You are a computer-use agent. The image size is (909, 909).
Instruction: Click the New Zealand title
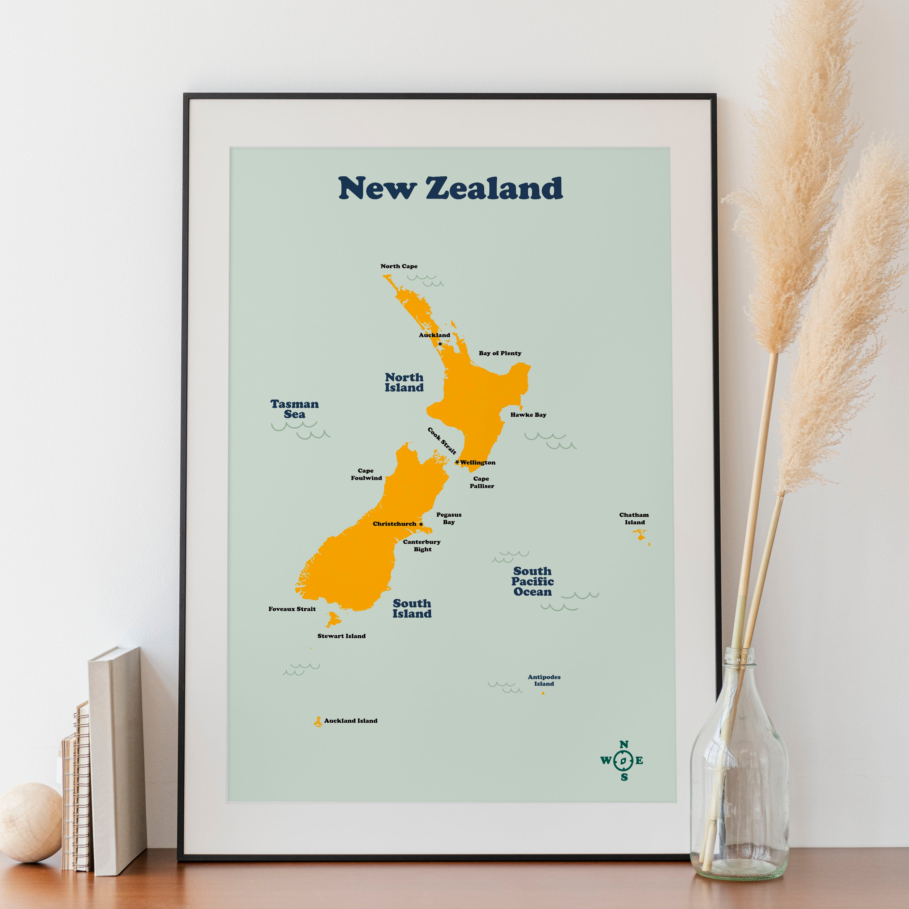(450, 188)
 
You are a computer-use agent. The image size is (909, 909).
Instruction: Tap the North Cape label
(399, 266)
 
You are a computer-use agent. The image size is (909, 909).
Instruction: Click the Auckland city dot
(440, 344)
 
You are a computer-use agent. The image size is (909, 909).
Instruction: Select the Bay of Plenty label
(500, 353)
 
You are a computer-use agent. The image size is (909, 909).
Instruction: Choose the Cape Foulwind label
(366, 474)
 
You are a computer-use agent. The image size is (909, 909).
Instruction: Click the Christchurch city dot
(421, 524)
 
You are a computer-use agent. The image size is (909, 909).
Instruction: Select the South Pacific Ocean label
(532, 582)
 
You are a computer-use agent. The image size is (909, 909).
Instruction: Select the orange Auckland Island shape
(318, 722)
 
